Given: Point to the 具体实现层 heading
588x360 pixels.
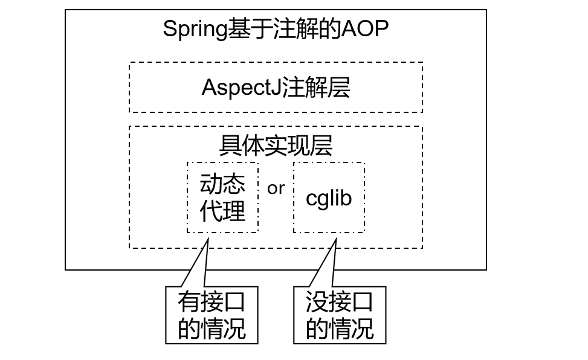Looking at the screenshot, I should tap(276, 146).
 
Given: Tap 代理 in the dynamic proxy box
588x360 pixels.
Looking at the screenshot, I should tap(222, 211).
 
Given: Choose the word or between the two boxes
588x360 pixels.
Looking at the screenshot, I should tap(276, 188).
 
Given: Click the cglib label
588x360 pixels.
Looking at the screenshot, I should tap(329, 198).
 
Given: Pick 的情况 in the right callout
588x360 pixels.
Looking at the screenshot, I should tap(340, 329).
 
